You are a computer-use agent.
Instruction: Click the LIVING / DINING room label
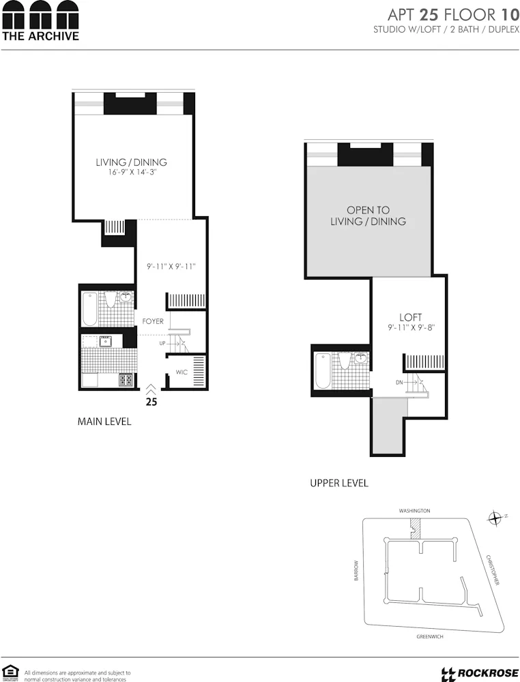click(131, 162)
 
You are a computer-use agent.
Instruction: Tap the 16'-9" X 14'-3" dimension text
click(131, 173)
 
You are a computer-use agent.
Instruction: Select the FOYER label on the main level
click(152, 321)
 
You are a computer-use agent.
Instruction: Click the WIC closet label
click(181, 372)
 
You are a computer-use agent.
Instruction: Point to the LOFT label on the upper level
click(410, 317)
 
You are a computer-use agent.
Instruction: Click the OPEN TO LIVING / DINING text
click(368, 216)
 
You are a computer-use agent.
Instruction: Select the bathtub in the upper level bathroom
click(323, 372)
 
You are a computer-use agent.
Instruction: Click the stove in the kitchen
click(126, 380)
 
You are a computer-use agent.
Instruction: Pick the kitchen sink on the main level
click(106, 341)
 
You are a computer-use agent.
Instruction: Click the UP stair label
click(162, 343)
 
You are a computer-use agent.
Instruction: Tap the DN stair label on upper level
click(399, 383)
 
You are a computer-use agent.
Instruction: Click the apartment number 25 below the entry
click(151, 402)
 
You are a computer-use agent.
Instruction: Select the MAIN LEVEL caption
click(104, 422)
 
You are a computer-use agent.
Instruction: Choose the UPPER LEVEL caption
click(339, 483)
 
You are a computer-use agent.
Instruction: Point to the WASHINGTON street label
click(415, 510)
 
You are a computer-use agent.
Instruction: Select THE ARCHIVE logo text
click(40, 35)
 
